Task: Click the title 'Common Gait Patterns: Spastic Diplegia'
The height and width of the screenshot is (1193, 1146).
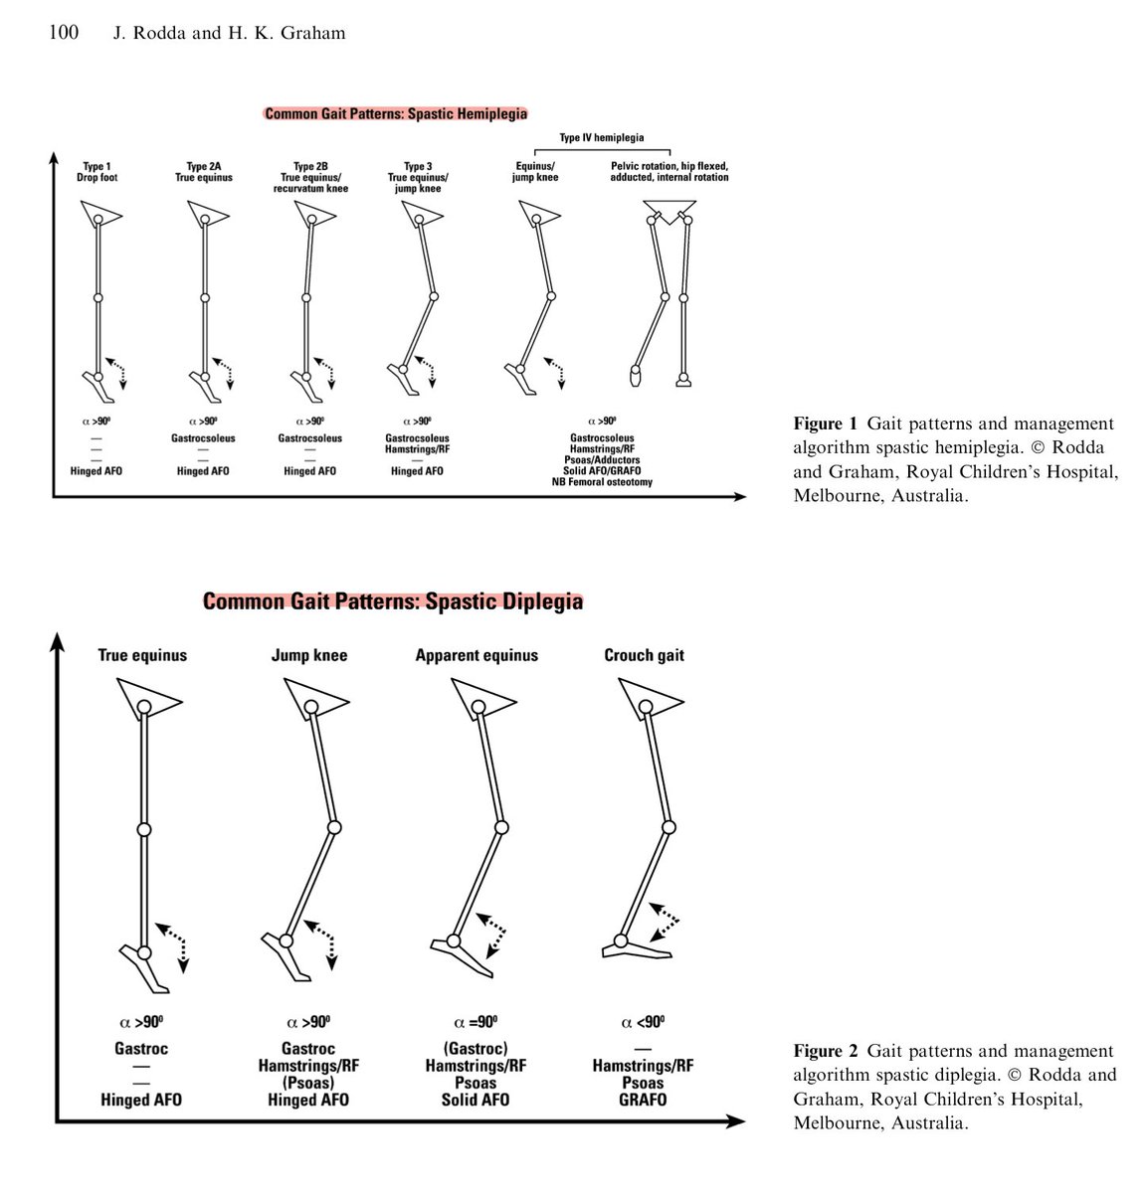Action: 393,601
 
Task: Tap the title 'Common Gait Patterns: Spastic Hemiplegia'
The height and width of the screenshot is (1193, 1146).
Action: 396,114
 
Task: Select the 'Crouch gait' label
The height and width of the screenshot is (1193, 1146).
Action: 644,655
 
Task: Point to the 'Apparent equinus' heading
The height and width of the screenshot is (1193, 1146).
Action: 477,655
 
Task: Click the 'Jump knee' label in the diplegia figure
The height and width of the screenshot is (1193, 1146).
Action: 309,655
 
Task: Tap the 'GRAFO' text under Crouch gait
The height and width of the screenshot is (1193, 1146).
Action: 643,1100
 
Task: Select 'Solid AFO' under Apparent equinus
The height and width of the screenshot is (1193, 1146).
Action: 476,1100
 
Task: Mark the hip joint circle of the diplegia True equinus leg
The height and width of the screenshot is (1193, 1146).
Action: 144,707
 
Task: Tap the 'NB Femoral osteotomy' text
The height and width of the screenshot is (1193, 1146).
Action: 602,482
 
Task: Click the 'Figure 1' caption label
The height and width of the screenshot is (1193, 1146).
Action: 824,425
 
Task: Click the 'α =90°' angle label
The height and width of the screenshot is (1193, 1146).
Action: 476,1022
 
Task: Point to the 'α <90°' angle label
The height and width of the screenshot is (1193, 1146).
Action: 643,1022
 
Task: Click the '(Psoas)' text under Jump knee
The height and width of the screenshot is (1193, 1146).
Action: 308,1083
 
